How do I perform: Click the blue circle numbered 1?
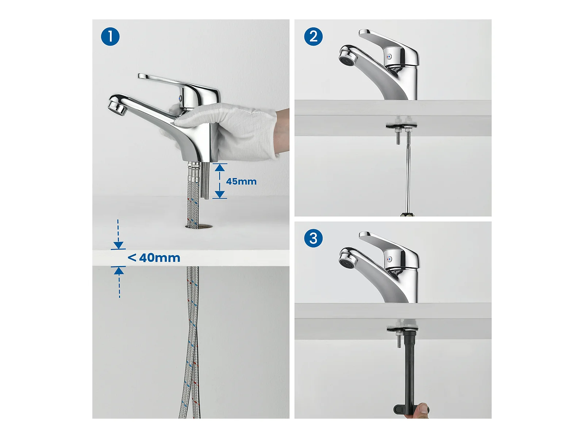(x=110, y=36)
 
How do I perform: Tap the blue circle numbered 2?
(x=313, y=36)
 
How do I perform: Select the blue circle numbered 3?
(x=313, y=238)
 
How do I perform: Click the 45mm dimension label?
(x=241, y=181)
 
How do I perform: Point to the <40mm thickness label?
(x=154, y=258)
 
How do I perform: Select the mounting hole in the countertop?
(x=199, y=227)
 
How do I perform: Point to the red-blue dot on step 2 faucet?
(x=389, y=56)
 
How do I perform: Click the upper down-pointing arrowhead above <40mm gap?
(x=118, y=245)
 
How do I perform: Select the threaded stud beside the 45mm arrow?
(x=206, y=180)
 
